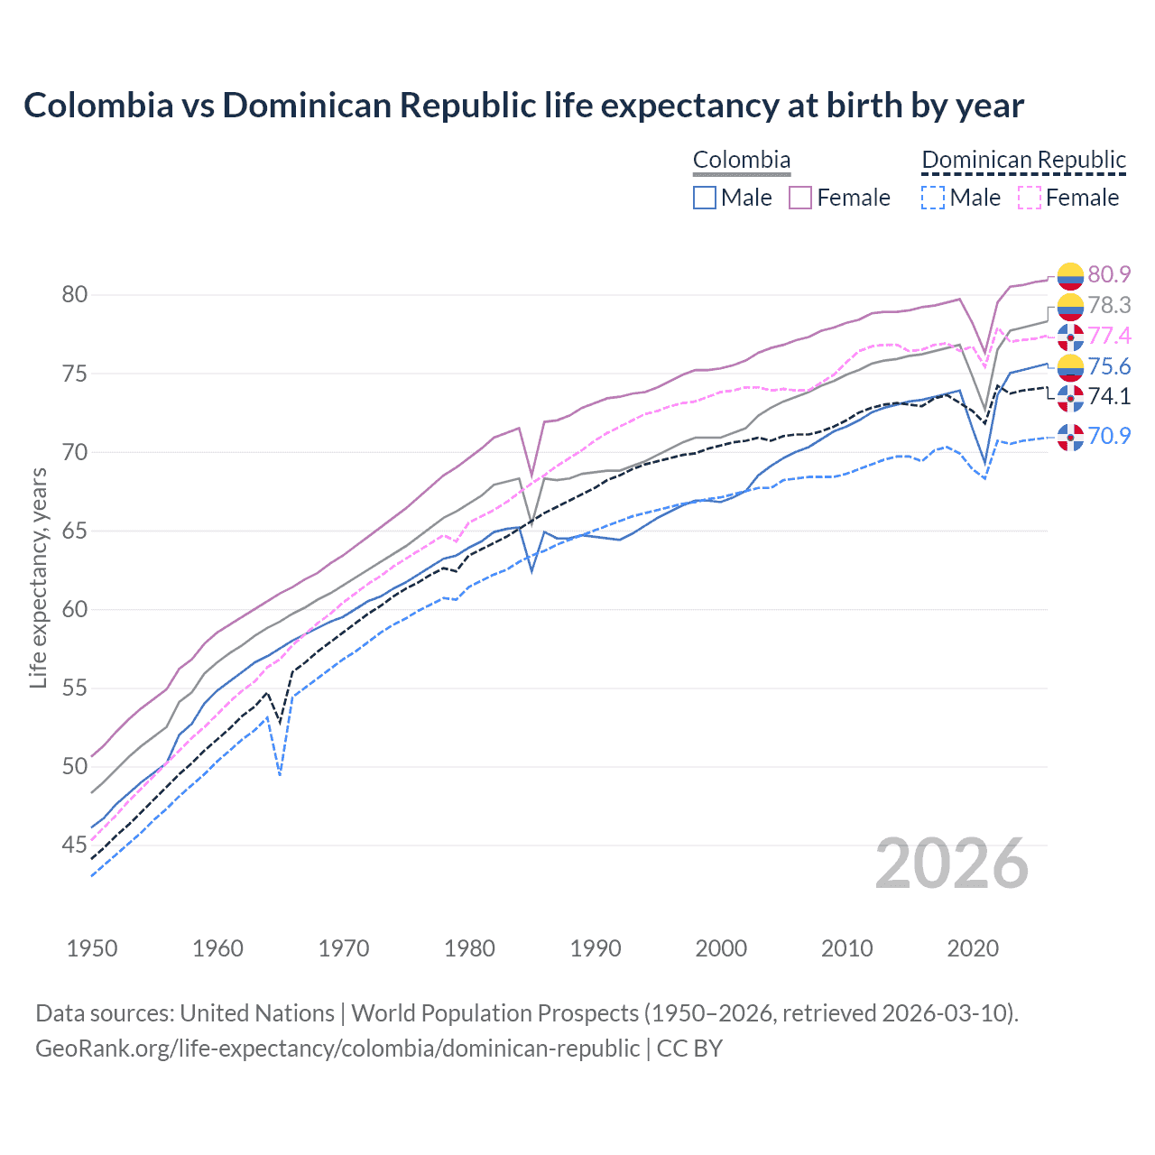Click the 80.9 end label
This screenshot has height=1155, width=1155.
(x=1109, y=274)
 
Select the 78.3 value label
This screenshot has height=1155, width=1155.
(x=1109, y=305)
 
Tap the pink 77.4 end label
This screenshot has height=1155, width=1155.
(x=1109, y=336)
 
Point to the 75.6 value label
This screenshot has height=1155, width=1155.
(x=1109, y=366)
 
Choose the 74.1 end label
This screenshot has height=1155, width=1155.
(x=1109, y=396)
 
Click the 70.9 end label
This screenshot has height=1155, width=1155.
(x=1109, y=436)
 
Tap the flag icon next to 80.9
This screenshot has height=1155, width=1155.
(x=1070, y=275)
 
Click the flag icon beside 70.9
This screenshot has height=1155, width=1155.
(x=1070, y=437)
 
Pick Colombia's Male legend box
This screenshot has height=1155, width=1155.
(x=705, y=198)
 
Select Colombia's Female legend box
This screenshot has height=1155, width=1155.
(x=800, y=198)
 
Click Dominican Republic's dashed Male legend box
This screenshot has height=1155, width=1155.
(x=933, y=198)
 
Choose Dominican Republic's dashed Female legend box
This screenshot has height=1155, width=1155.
(x=1030, y=198)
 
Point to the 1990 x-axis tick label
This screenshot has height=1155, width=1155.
(x=596, y=948)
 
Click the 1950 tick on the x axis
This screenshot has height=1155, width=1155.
(x=92, y=948)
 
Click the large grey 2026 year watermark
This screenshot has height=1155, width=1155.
(x=952, y=864)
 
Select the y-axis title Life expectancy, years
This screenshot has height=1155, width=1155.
(x=38, y=577)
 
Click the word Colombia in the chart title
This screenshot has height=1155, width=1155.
(x=98, y=106)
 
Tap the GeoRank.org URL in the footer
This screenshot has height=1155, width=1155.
(x=337, y=1049)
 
